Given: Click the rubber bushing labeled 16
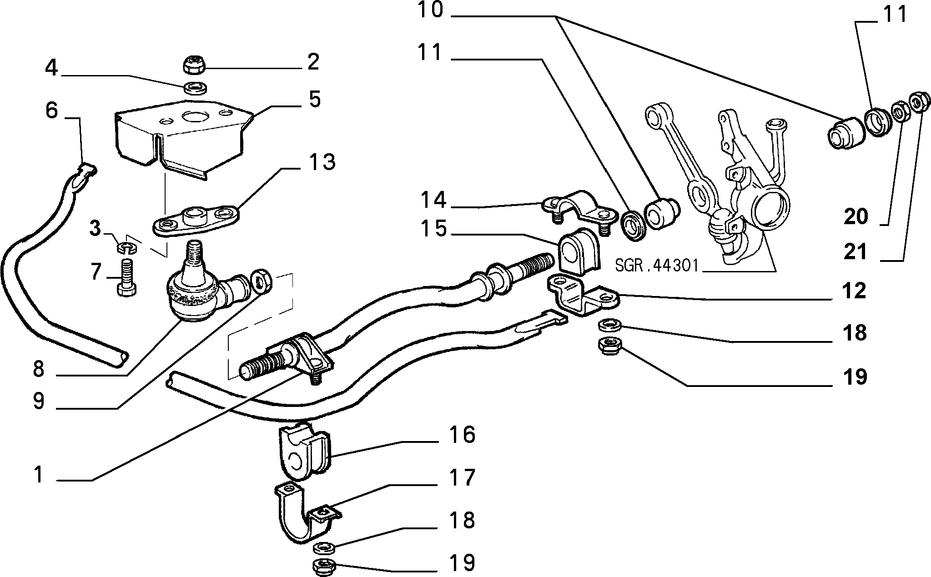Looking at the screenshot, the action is pos(302,452).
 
